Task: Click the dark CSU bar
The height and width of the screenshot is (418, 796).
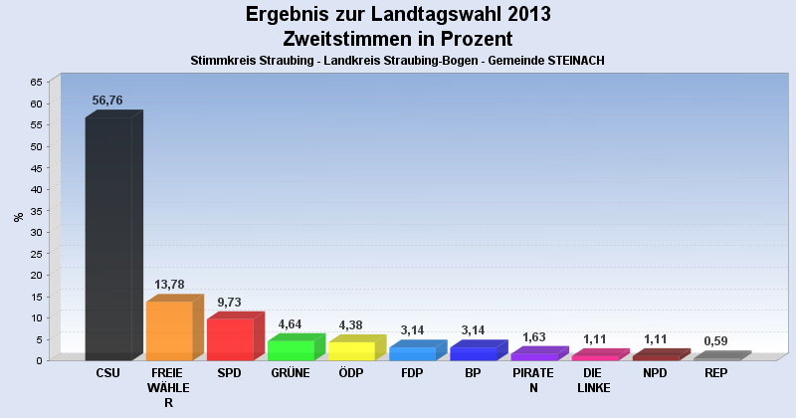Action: click(x=108, y=239)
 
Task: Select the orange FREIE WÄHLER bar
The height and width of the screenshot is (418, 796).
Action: click(x=169, y=330)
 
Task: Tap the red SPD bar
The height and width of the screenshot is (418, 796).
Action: click(x=230, y=339)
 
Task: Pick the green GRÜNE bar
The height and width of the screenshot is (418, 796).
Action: click(x=291, y=349)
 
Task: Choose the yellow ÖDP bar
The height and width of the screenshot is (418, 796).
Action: click(x=351, y=350)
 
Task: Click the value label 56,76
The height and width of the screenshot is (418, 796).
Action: click(x=106, y=101)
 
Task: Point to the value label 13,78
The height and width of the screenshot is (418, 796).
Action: click(x=170, y=285)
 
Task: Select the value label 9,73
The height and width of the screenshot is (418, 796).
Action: click(x=229, y=302)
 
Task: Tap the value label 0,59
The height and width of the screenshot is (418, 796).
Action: click(x=715, y=341)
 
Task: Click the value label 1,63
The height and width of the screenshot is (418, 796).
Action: click(x=533, y=336)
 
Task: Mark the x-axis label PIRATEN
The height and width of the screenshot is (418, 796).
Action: click(x=533, y=380)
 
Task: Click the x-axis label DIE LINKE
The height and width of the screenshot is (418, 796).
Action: click(x=594, y=380)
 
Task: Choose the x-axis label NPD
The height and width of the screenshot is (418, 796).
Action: click(x=655, y=373)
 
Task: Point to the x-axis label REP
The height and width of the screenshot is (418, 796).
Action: click(x=715, y=373)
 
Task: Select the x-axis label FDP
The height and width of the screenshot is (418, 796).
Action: click(x=412, y=373)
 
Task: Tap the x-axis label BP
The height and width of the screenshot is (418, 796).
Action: click(x=473, y=373)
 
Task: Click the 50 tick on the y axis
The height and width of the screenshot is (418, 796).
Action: click(x=36, y=146)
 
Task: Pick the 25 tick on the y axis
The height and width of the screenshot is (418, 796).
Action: click(x=36, y=254)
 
